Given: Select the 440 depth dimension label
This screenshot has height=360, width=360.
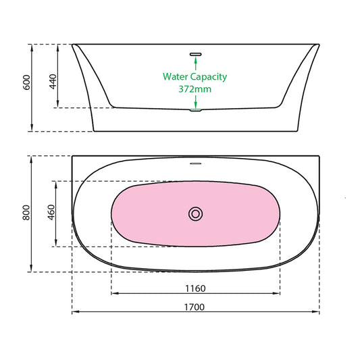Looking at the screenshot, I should (53, 82).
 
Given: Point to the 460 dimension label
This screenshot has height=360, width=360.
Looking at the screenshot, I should (51, 213).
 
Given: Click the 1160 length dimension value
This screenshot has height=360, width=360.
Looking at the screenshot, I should (195, 288).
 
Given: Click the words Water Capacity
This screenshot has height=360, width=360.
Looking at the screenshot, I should (195, 76).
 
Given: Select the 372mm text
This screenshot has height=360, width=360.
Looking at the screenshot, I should (195, 87).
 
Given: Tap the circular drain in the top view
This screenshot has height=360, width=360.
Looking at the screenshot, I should (195, 213).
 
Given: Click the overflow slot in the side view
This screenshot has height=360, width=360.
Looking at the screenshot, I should (195, 53).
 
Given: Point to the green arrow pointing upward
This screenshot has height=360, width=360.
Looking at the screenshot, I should (195, 61).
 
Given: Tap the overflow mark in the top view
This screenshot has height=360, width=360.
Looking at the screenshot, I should (195, 162).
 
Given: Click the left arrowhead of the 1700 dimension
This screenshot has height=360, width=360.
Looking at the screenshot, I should (75, 312).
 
